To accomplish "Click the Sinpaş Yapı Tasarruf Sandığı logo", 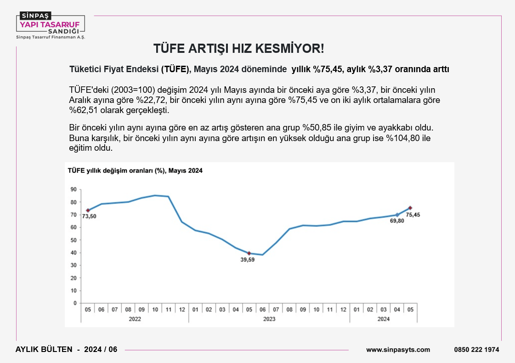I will [51, 26].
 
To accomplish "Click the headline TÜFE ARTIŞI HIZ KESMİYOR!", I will [238, 49].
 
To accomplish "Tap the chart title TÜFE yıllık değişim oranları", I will [135, 170].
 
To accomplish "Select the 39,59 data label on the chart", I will [248, 260].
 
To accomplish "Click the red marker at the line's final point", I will [410, 208].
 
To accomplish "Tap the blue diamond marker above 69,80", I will [397, 215].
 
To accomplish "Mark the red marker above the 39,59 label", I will [249, 253].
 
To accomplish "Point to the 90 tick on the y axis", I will [74, 189].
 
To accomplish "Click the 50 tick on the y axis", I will [74, 240].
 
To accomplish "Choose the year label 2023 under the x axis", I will [269, 319].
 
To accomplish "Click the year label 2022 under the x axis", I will [135, 319].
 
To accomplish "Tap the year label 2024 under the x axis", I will [383, 319].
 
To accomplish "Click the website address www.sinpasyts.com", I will [398, 350].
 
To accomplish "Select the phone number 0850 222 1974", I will [476, 350].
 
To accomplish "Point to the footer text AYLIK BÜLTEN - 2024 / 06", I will [67, 349].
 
